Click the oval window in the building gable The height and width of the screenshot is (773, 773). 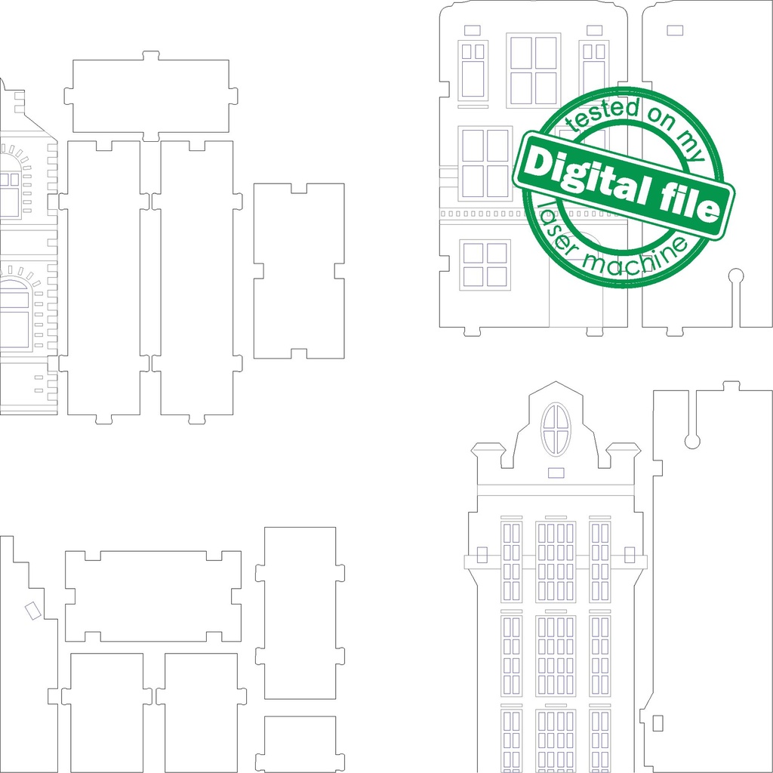pos(556,429)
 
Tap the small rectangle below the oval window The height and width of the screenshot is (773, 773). pos(556,473)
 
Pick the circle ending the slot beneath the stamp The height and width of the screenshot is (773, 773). pos(736,276)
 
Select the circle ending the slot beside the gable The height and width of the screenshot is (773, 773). pos(692,441)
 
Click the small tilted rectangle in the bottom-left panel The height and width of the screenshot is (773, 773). pos(32,610)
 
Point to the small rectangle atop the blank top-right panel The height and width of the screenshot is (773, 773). pos(675,30)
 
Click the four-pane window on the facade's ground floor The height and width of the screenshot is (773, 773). pos(485,264)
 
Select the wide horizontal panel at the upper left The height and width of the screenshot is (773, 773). pos(151,96)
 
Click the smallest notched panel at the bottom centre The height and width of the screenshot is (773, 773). pos(300,743)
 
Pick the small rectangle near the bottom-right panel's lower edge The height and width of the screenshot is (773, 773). pos(657,722)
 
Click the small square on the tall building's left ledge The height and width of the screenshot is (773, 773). pos(482,555)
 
